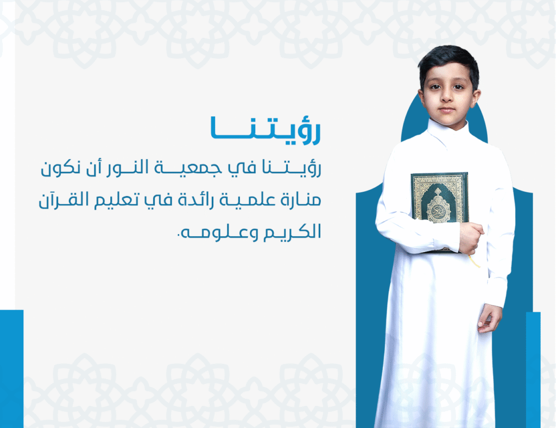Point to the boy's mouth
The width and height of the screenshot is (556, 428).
pos(447,109)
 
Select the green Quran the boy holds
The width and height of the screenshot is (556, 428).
pos(440,211)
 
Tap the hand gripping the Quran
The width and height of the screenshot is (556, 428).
pos(471,237)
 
